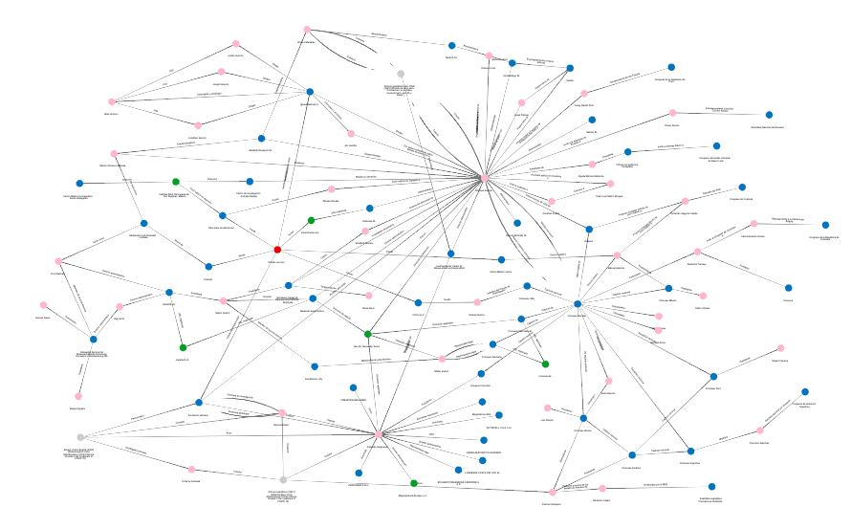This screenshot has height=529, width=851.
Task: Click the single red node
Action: coord(277,250)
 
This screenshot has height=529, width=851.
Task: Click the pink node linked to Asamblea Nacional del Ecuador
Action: coord(672,113)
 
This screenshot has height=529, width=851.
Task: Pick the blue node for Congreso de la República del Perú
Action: coord(671,67)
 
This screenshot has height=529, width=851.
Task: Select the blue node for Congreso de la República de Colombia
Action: coord(826,225)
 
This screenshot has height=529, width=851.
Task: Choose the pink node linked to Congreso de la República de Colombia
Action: coord(754,224)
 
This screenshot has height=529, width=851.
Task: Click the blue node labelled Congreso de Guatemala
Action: coord(742,187)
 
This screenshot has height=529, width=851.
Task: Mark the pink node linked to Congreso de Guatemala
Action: coord(685,201)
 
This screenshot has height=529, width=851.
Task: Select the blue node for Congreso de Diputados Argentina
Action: coord(805,392)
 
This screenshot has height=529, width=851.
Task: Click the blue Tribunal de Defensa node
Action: coord(627,151)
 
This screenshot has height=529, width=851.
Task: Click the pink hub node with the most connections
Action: coord(485,178)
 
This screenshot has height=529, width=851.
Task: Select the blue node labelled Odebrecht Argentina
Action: coord(690,451)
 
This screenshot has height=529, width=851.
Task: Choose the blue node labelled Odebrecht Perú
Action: coord(712,376)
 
